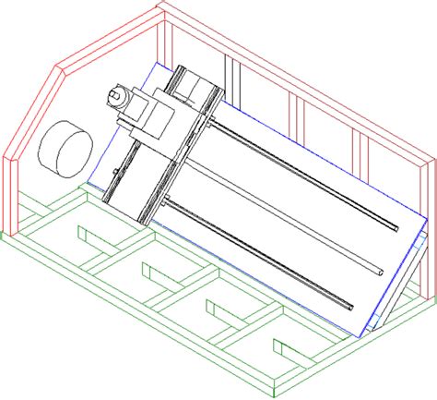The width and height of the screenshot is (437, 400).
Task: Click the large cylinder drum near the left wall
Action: click(65, 149)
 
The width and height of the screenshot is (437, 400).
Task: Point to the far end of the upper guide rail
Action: click(399, 225)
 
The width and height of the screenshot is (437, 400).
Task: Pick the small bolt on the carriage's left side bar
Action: click(113, 172)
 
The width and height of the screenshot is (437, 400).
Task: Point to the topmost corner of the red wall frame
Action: click(162, 5)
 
